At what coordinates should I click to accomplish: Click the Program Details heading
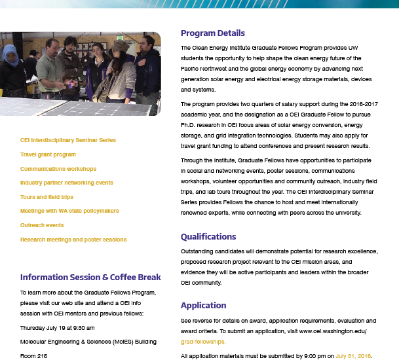(212, 33)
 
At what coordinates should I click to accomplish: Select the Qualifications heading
(208, 236)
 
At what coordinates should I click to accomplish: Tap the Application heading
(203, 305)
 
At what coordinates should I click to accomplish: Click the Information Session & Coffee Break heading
(90, 276)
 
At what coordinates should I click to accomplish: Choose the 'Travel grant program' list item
(48, 154)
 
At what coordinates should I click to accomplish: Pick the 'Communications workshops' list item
(58, 169)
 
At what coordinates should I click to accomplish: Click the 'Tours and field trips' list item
(47, 197)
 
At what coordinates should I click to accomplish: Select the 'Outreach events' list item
(42, 225)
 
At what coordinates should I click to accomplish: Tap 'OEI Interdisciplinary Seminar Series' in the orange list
(67, 140)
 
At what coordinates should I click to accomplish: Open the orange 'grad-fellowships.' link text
(203, 342)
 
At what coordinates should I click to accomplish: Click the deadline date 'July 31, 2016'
(354, 356)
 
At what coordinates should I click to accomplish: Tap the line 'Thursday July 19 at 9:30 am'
(58, 328)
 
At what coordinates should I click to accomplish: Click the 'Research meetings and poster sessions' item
(73, 240)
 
